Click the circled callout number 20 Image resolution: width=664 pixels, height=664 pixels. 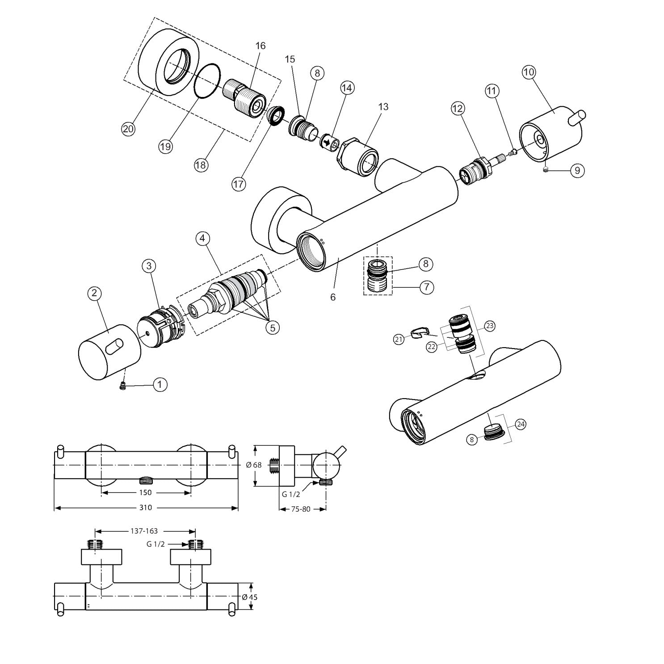tap(128, 129)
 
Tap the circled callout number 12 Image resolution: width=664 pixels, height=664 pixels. tap(458, 108)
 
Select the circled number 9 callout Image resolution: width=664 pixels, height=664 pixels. tap(577, 170)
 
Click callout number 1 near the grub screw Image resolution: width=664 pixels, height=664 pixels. tap(160, 384)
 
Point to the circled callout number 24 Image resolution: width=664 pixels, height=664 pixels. tap(521, 424)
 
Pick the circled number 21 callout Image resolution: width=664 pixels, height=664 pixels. tap(399, 339)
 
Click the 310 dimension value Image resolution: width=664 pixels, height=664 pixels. tap(146, 508)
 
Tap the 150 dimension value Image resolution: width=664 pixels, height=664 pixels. tap(146, 492)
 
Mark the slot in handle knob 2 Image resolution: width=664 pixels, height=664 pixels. tap(114, 346)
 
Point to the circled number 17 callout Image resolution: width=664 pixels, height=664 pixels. tap(239, 184)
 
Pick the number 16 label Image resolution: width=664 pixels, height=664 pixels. tap(261, 46)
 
